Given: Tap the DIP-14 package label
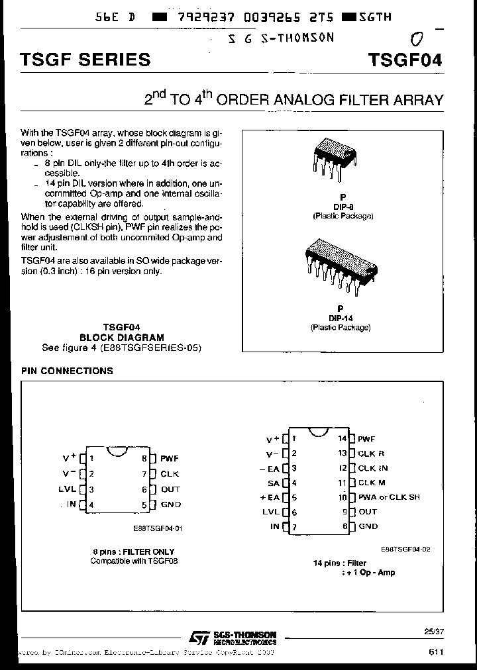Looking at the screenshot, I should [x=341, y=318].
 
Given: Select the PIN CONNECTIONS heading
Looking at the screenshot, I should [x=67, y=371].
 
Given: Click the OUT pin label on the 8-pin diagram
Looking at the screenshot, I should [x=170, y=490].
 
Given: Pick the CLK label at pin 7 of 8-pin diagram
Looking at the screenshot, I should [x=170, y=474].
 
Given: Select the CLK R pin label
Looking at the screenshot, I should [x=371, y=454].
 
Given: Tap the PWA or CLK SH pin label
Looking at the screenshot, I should [x=389, y=497].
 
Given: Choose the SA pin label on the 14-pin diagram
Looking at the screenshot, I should [x=274, y=483].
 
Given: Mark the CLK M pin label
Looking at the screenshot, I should [x=372, y=483].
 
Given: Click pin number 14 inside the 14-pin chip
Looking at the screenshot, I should [x=343, y=438].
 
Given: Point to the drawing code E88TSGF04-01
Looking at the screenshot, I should [x=157, y=528].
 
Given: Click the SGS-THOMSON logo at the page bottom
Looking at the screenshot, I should [x=232, y=637].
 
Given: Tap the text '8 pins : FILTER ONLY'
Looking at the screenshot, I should [x=133, y=551].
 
